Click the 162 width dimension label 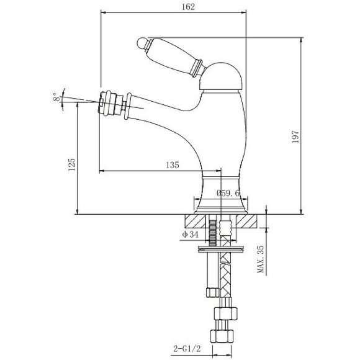[x=188, y=7]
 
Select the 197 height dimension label [x=295, y=137]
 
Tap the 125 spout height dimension [x=71, y=164]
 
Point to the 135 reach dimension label [x=173, y=165]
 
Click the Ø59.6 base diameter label [x=228, y=193]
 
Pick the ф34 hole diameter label [x=190, y=235]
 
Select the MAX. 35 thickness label [x=261, y=259]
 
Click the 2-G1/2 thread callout [x=187, y=349]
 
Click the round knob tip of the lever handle [x=142, y=43]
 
